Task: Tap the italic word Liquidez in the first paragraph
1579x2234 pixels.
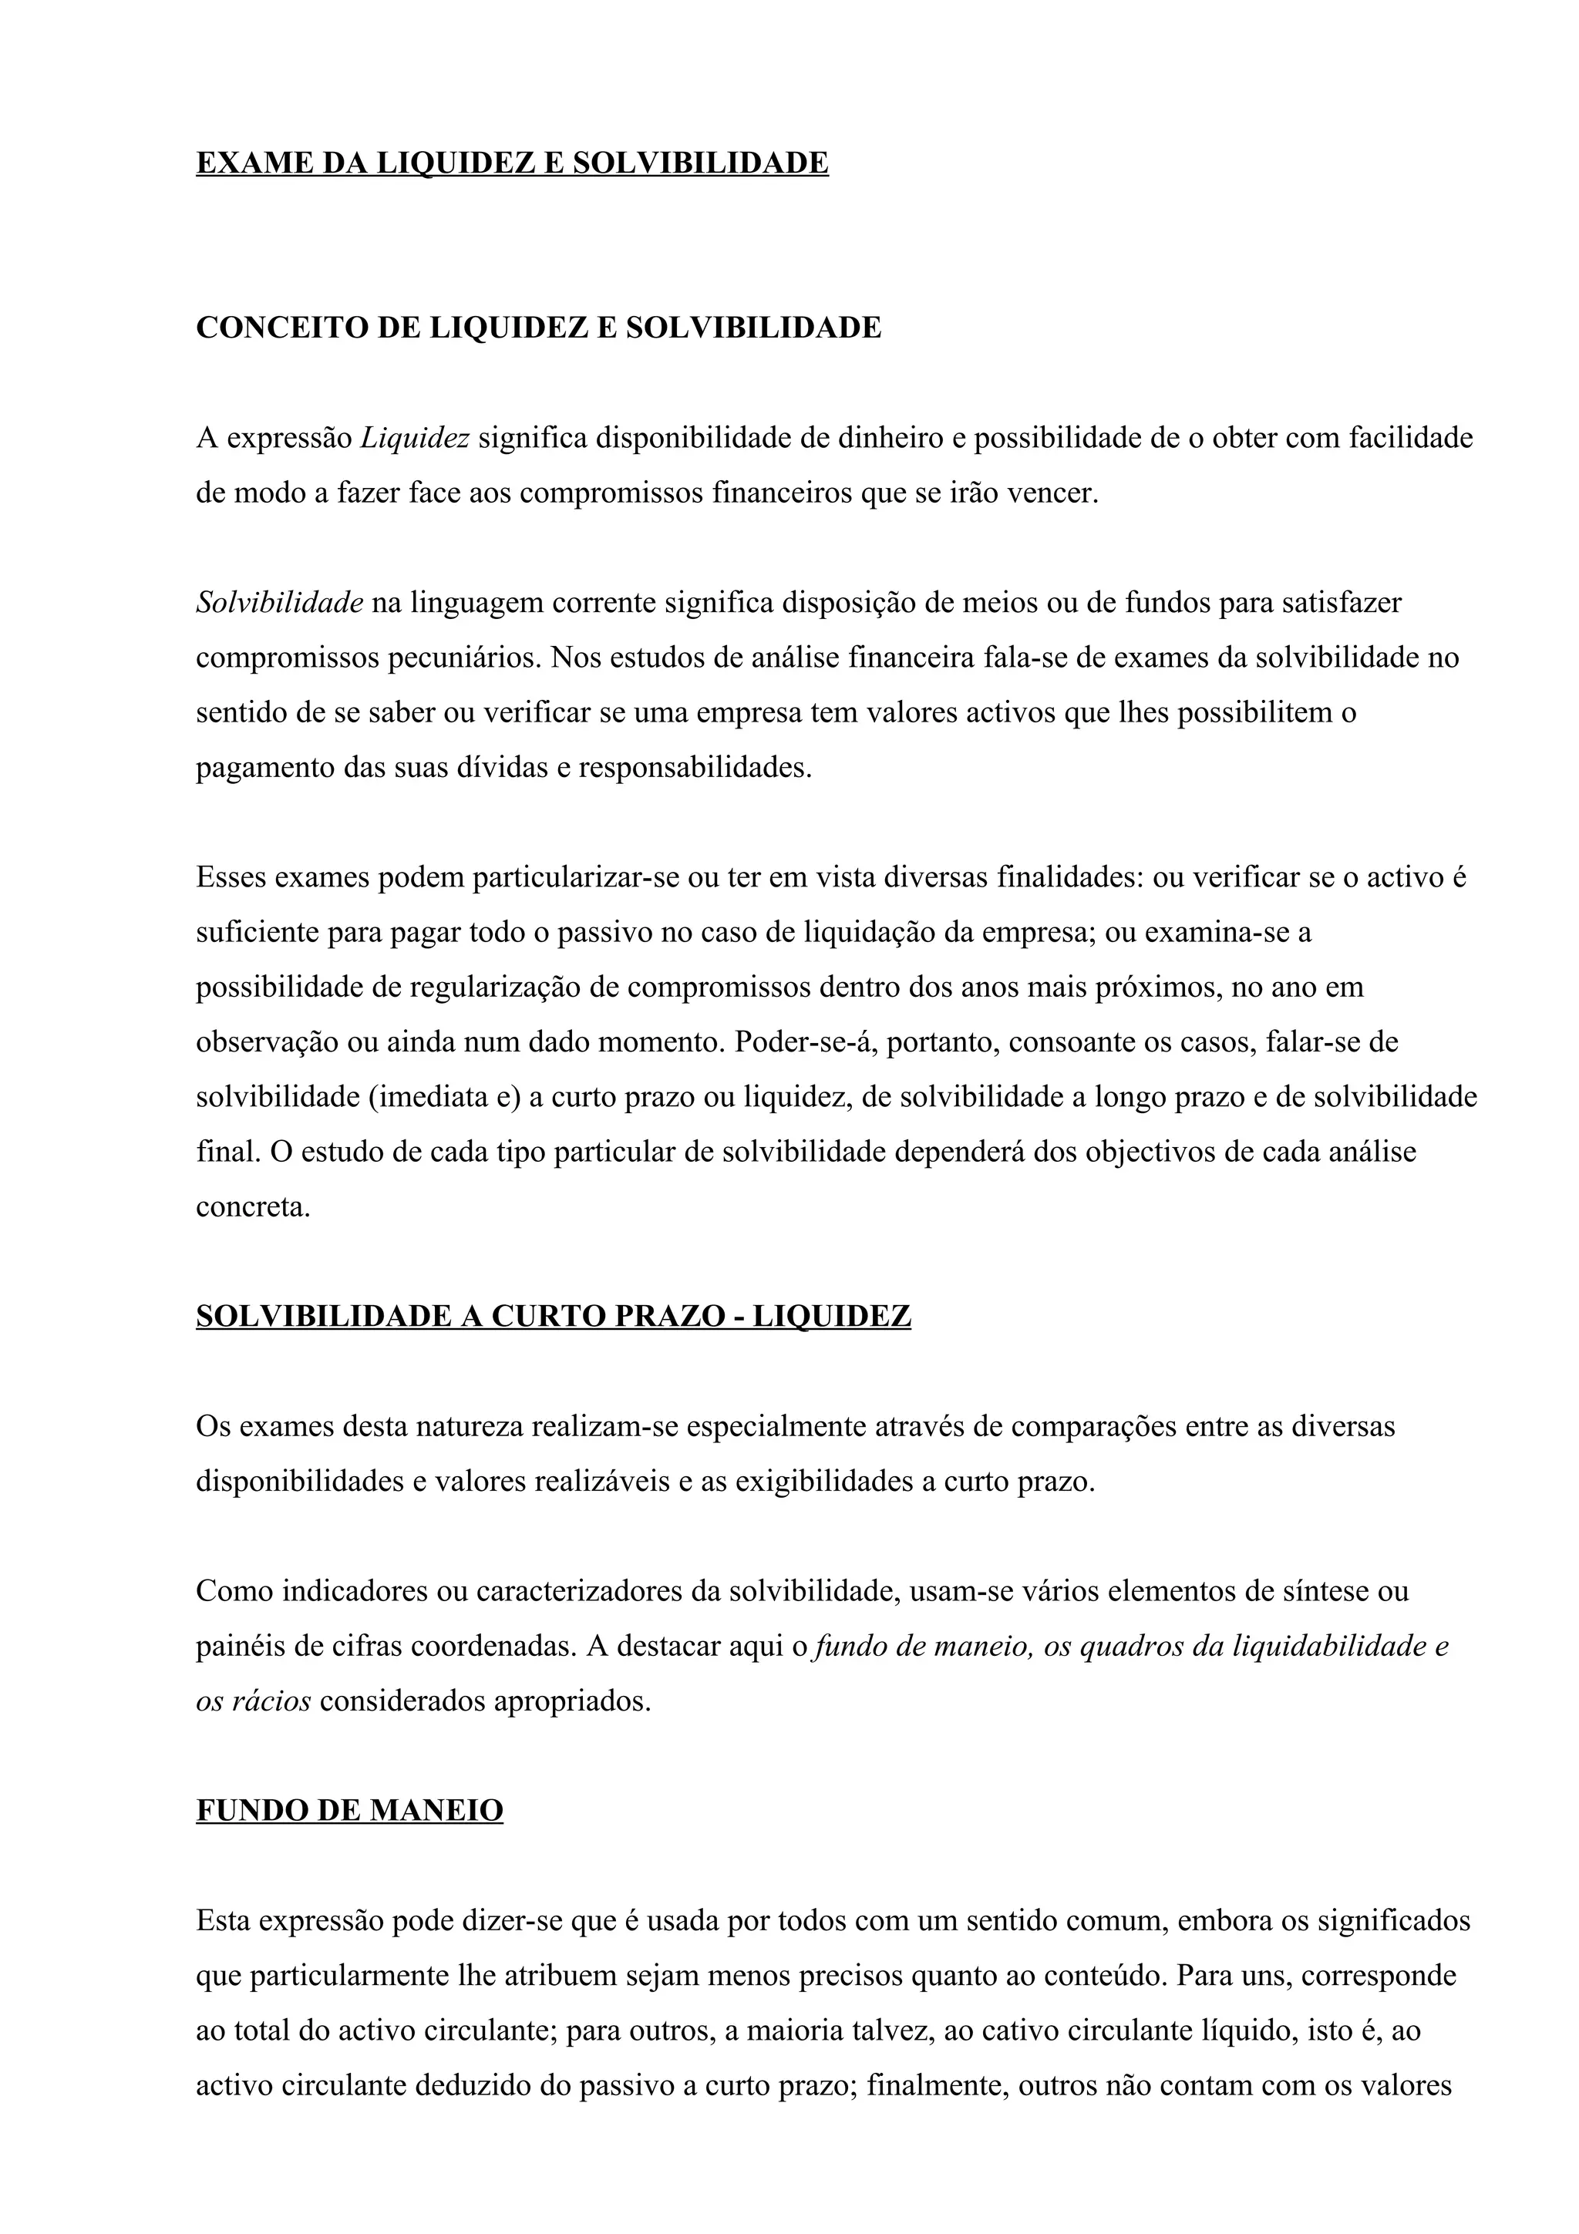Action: point(416,439)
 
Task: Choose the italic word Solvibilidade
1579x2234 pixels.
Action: point(279,604)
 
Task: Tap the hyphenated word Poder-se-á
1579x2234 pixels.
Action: point(803,1043)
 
